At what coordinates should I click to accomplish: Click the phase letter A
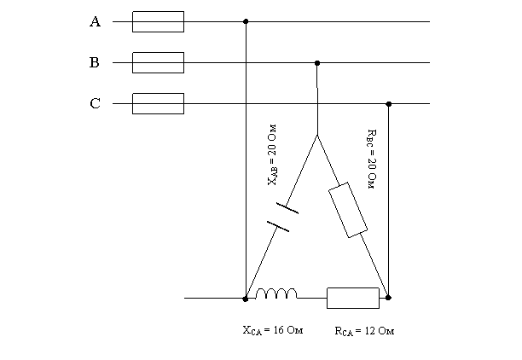pyautogui.click(x=96, y=21)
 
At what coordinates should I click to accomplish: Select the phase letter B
pyautogui.click(x=95, y=62)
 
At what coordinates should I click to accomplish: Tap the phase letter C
pyautogui.click(x=96, y=103)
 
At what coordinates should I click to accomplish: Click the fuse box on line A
pyautogui.click(x=158, y=21)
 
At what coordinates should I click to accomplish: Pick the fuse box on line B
pyautogui.click(x=158, y=62)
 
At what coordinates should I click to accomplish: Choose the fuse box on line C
pyautogui.click(x=158, y=103)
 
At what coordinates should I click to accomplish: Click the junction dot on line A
pyautogui.click(x=246, y=21)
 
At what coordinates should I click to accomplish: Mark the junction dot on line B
pyautogui.click(x=317, y=63)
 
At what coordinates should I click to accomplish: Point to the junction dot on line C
pyautogui.click(x=388, y=104)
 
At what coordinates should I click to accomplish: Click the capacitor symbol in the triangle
pyautogui.click(x=283, y=217)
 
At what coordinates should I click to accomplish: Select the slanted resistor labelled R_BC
pyautogui.click(x=348, y=210)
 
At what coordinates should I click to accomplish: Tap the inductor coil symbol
pyautogui.click(x=276, y=293)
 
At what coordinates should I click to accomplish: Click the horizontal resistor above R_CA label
pyautogui.click(x=353, y=298)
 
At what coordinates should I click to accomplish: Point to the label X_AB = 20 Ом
pyautogui.click(x=272, y=155)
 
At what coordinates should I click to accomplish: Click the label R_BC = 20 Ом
pyautogui.click(x=372, y=160)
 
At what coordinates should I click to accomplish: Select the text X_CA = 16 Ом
pyautogui.click(x=273, y=330)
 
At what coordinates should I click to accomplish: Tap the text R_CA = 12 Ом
pyautogui.click(x=364, y=331)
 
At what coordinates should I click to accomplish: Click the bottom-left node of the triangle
pyautogui.click(x=246, y=299)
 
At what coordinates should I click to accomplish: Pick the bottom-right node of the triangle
pyautogui.click(x=388, y=298)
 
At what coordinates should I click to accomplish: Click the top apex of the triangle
pyautogui.click(x=317, y=135)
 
